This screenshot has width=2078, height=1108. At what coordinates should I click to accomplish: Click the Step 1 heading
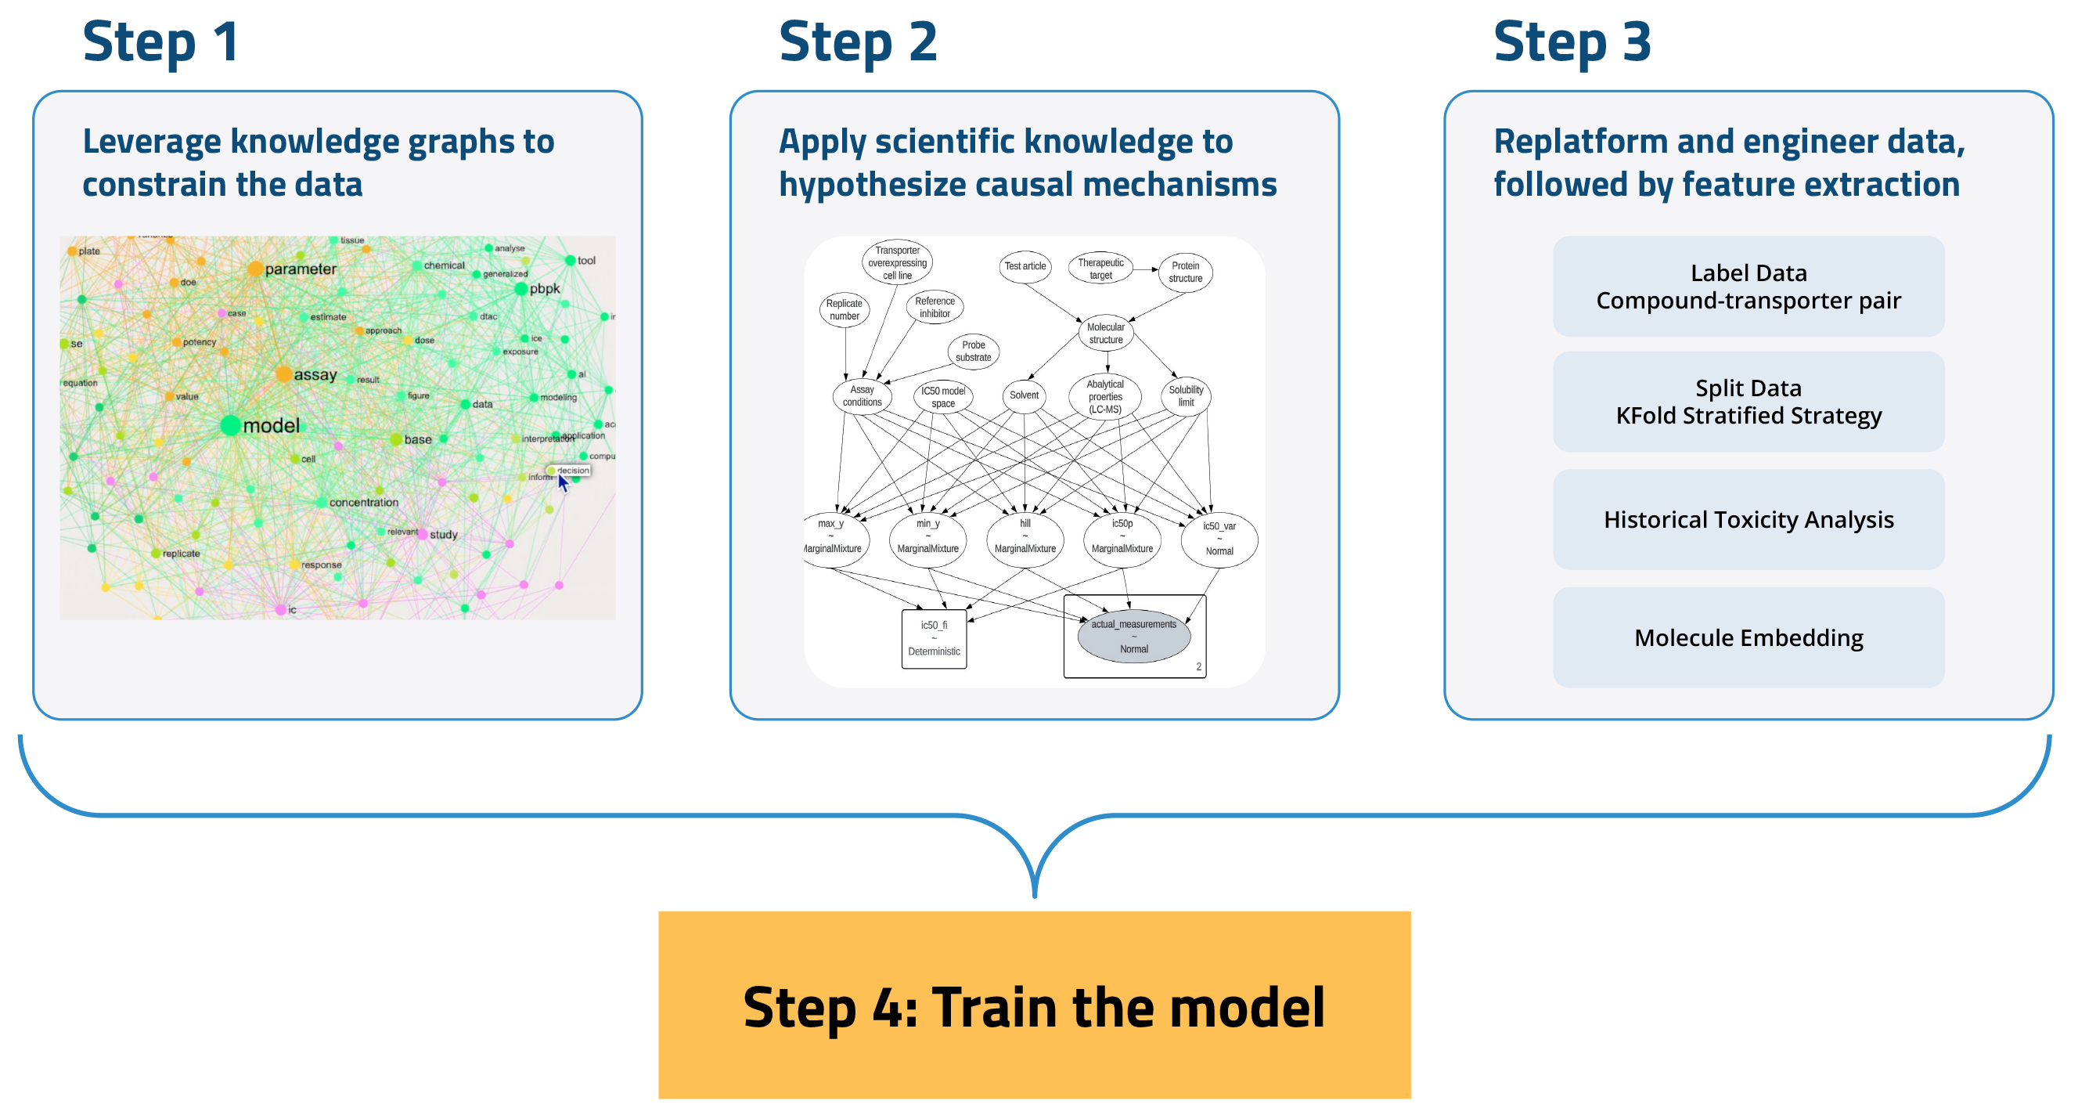[160, 42]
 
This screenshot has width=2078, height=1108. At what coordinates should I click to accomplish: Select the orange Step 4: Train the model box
[1033, 1004]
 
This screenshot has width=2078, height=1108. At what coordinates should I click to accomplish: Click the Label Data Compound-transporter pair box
[1747, 287]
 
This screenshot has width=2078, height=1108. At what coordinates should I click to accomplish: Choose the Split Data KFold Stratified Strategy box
[1747, 401]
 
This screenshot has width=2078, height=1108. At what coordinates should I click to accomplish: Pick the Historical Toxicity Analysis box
[1747, 519]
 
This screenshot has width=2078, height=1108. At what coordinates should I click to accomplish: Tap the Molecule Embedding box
[1747, 637]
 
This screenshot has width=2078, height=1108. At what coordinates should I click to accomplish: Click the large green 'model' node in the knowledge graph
[231, 425]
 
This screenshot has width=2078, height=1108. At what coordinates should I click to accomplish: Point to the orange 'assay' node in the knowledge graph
[283, 374]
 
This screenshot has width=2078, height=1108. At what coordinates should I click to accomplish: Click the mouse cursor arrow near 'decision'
[562, 482]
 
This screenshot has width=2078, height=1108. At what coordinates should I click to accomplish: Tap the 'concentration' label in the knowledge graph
[363, 502]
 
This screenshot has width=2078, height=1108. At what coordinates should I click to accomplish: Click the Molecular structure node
[1104, 334]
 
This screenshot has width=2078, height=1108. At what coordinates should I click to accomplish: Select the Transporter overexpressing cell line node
[896, 262]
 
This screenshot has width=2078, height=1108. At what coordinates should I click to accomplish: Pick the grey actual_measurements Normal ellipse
[1133, 636]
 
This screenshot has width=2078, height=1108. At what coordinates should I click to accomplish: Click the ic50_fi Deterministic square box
[933, 637]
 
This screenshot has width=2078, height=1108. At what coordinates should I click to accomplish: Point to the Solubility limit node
[1185, 395]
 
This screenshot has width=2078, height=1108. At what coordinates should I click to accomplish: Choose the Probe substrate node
[973, 351]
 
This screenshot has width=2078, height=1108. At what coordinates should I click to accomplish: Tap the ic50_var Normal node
[1218, 538]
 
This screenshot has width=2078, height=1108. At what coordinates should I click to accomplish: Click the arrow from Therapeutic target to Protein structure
[1146, 269]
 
